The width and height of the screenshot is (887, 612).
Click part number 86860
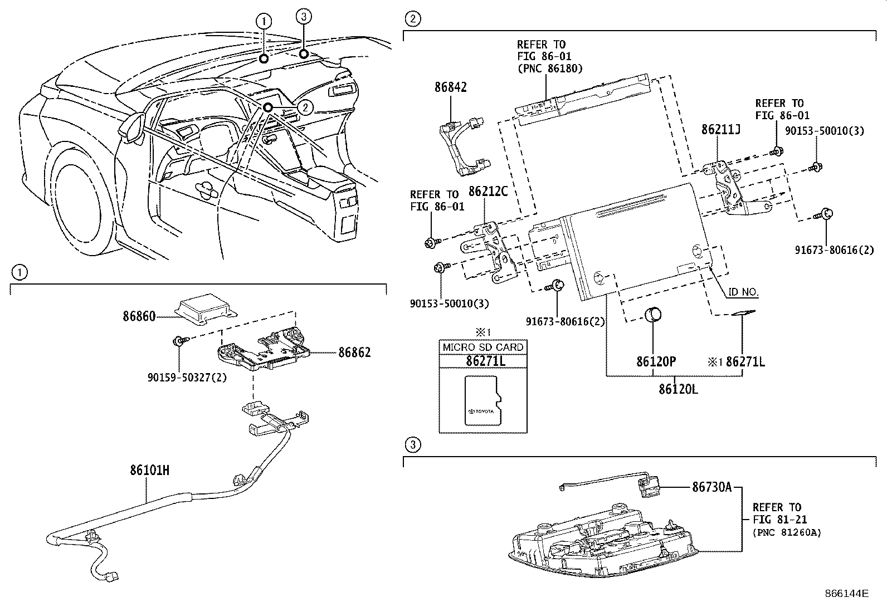pyautogui.click(x=139, y=316)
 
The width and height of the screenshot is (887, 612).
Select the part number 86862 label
pyautogui.click(x=354, y=352)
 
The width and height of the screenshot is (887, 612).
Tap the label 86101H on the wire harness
pyautogui.click(x=149, y=471)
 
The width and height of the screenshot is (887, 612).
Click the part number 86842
pyautogui.click(x=450, y=87)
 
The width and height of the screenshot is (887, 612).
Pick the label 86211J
pyautogui.click(x=720, y=130)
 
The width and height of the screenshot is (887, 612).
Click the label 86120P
pyautogui.click(x=656, y=361)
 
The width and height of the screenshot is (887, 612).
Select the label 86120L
pyautogui.click(x=678, y=389)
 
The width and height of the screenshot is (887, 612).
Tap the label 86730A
pyautogui.click(x=711, y=487)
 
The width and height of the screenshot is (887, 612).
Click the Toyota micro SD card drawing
pyautogui.click(x=483, y=401)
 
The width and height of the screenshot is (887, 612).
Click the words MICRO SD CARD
pyautogui.click(x=483, y=347)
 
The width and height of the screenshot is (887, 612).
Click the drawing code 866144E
pyautogui.click(x=846, y=593)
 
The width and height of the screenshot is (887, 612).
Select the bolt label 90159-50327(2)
pyautogui.click(x=187, y=377)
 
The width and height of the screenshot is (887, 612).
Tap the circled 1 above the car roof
pyautogui.click(x=264, y=22)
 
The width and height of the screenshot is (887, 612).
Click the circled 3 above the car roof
pyautogui.click(x=303, y=17)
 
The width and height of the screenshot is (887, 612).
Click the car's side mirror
pyautogui.click(x=133, y=126)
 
